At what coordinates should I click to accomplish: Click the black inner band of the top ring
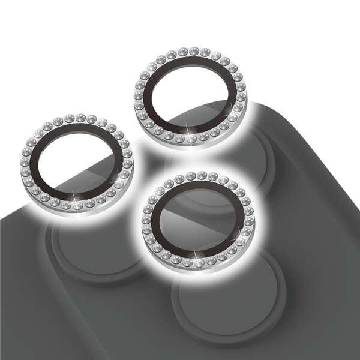tap(157, 75)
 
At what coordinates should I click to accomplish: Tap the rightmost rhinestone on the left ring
tap(128, 162)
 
